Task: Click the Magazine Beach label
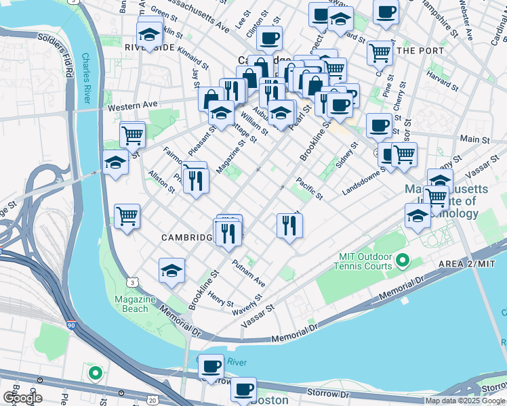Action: (131, 304)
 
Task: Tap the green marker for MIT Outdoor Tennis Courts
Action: (402, 260)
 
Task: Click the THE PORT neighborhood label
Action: (420, 51)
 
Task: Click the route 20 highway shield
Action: (153, 401)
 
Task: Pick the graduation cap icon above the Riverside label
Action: (149, 33)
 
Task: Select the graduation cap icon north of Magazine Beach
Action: (172, 271)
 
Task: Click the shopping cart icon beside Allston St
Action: (127, 217)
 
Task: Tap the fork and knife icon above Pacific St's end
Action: (290, 225)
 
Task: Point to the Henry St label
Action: (220, 298)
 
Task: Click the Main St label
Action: (474, 139)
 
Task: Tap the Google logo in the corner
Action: (22, 398)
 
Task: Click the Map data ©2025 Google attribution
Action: (465, 401)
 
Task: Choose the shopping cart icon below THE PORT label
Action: (380, 52)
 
